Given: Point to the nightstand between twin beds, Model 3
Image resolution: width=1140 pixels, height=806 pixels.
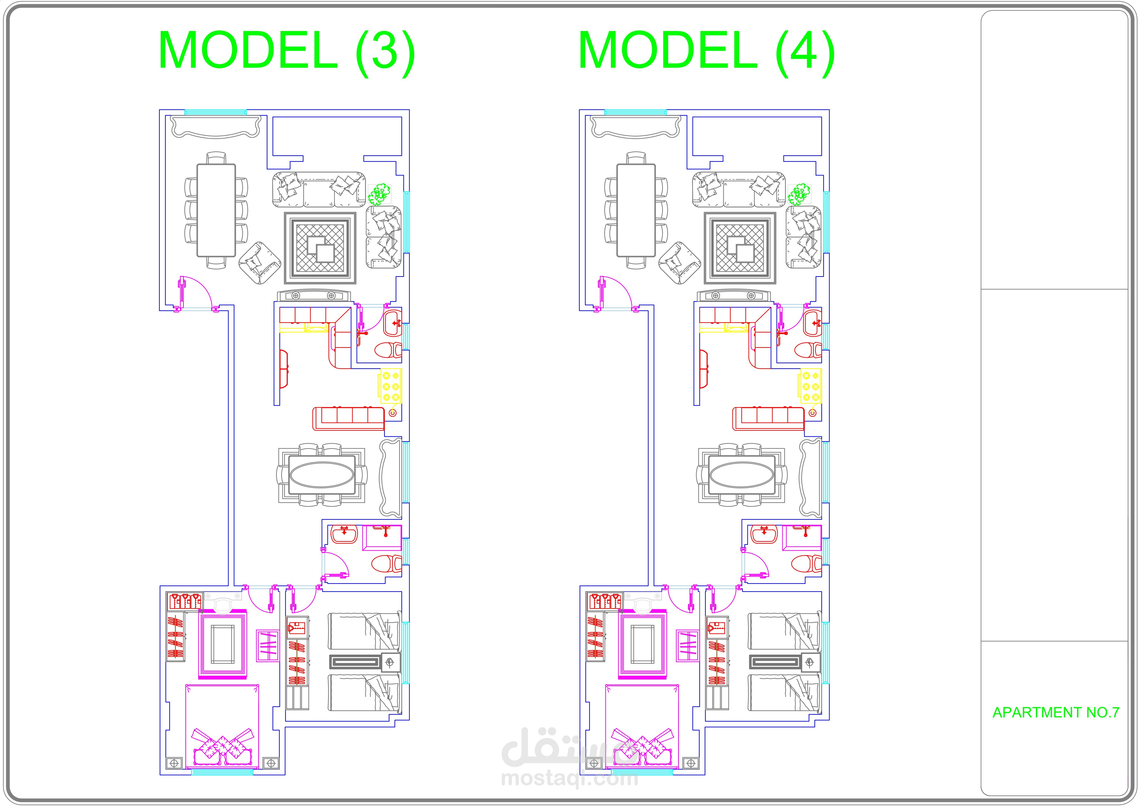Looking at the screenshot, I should [x=391, y=662].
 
